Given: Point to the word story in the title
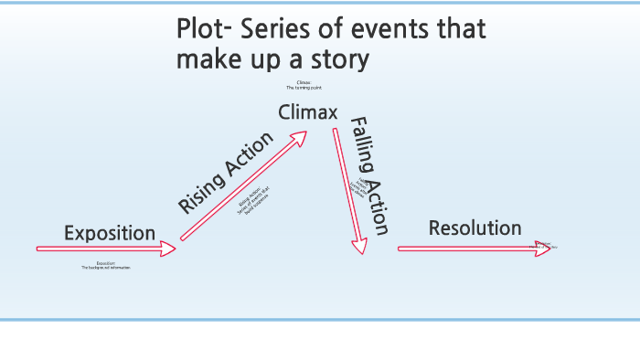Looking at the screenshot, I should (338, 60).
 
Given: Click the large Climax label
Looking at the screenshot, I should (308, 113).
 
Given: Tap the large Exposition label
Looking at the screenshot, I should (110, 233).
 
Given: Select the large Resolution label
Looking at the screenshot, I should (475, 228).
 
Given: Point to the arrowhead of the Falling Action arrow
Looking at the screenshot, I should (359, 245).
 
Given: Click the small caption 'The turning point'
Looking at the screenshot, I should (304, 88).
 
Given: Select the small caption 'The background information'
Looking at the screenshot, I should (106, 268).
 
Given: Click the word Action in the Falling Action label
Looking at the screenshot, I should (378, 207).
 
